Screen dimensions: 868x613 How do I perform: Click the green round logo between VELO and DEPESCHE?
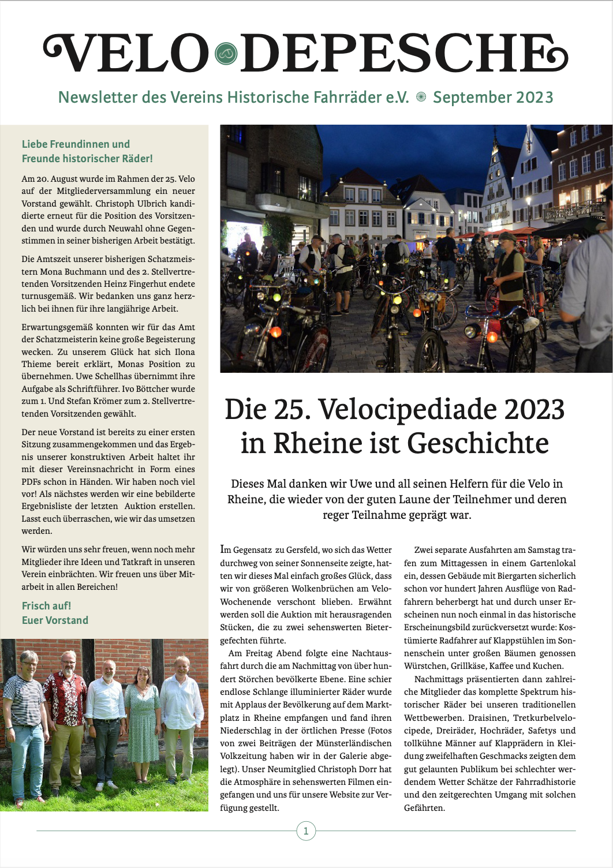click(x=226, y=54)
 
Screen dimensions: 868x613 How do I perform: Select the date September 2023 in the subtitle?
click(x=493, y=98)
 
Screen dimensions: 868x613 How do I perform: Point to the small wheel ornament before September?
click(x=421, y=98)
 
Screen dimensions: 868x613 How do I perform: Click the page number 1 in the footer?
click(x=306, y=831)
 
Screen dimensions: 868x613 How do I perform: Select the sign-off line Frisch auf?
click(x=46, y=605)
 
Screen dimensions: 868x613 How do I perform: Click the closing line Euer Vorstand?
click(x=55, y=620)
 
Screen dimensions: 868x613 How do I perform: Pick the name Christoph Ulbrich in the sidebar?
click(x=131, y=204)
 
